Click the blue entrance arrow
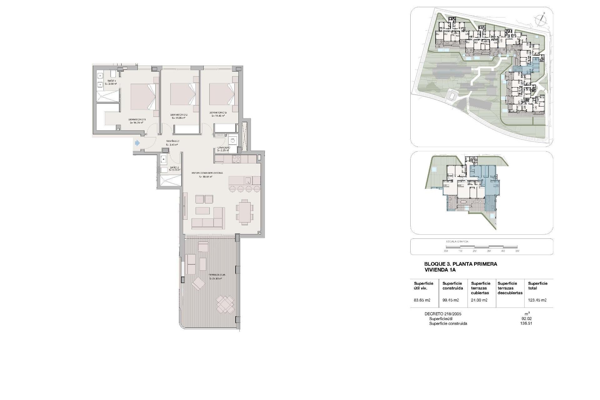pyautogui.click(x=137, y=143)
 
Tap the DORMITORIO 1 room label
pyautogui.click(x=137, y=119)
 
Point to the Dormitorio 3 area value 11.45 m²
pyautogui.click(x=218, y=116)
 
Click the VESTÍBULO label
pyautogui.click(x=172, y=141)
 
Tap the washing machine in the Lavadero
pyautogui.click(x=232, y=141)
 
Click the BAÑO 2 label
pyautogui.click(x=174, y=168)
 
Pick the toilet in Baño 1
pyautogui.click(x=113, y=74)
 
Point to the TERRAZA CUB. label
pyautogui.click(x=217, y=275)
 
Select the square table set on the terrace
pyautogui.click(x=225, y=304)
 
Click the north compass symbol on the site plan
pyautogui.click(x=540, y=19)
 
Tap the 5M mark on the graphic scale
pyautogui.click(x=517, y=251)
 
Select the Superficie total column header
pyautogui.click(x=538, y=286)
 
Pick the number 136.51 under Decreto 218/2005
pyautogui.click(x=527, y=323)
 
